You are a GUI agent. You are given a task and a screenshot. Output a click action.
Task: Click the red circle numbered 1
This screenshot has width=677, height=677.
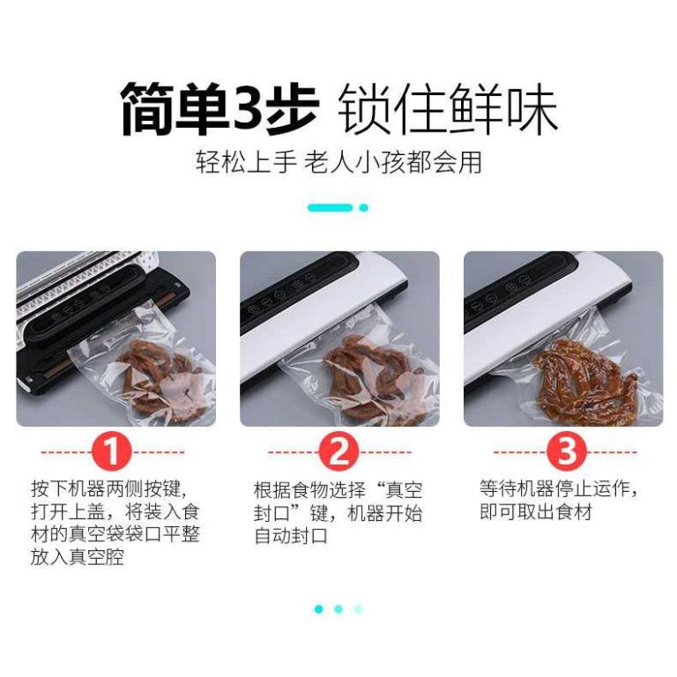click(111, 451)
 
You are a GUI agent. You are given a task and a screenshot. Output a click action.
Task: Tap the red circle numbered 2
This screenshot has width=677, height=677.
click(338, 451)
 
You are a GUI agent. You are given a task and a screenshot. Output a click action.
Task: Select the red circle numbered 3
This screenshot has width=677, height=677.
click(567, 451)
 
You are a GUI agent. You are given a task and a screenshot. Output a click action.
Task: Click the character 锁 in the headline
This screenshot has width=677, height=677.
click(365, 108)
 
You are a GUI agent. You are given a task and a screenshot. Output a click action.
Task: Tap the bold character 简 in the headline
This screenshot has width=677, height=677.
click(148, 108)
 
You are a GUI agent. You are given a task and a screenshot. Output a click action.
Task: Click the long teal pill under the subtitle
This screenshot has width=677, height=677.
click(331, 208)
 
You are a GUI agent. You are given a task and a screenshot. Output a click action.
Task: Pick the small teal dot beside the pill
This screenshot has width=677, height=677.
click(363, 208)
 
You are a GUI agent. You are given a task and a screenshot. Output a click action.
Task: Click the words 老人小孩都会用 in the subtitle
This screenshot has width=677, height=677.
click(393, 163)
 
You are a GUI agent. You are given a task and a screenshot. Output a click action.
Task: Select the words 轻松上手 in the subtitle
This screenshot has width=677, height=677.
click(246, 163)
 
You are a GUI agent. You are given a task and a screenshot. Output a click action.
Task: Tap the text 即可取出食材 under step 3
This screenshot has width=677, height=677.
click(535, 512)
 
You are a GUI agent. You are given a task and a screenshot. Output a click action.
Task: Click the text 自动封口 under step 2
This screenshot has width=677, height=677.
click(291, 536)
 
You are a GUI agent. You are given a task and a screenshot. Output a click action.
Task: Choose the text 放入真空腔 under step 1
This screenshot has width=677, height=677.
click(78, 556)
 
